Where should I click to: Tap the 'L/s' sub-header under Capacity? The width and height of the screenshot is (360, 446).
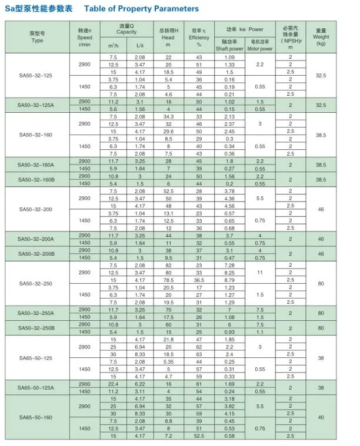pyautogui.click(x=139, y=45)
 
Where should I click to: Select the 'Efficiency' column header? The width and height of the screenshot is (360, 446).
pyautogui.click(x=199, y=37)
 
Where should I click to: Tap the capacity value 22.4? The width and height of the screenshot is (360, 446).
pyautogui.click(x=114, y=384)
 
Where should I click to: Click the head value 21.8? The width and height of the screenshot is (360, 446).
pyautogui.click(x=168, y=339)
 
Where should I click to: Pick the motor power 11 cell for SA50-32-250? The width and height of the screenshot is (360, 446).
pyautogui.click(x=259, y=273)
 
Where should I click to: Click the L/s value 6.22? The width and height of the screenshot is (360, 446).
pyautogui.click(x=140, y=384)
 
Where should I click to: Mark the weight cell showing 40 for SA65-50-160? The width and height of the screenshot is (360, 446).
pyautogui.click(x=321, y=417)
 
